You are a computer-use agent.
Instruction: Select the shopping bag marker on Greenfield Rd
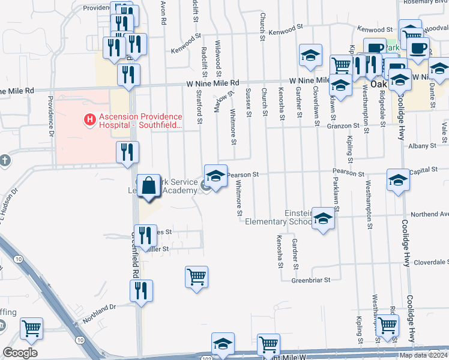tap(149, 187)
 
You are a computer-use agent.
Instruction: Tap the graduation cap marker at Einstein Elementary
tap(323, 220)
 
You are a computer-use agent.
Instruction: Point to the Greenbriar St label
tap(311, 280)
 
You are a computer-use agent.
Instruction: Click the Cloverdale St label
tap(429, 262)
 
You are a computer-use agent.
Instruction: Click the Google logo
tap(20, 353)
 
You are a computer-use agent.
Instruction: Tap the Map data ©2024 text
tap(423, 355)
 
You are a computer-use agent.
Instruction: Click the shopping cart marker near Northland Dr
tap(31, 329)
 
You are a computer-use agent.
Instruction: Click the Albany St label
tap(422, 146)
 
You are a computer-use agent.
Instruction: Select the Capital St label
tap(427, 172)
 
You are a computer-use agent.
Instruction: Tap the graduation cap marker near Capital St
tap(398, 181)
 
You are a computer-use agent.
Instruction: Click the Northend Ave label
tap(429, 214)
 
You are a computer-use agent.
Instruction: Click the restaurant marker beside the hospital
tap(127, 153)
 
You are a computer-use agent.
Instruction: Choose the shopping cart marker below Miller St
tap(196, 278)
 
